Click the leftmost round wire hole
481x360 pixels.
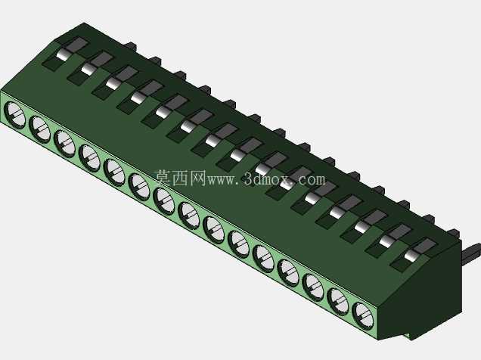14,115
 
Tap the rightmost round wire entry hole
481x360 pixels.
364,316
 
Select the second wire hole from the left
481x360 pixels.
39,129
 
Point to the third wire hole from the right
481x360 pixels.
313,287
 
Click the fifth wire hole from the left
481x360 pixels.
114,172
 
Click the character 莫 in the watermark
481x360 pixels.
163,178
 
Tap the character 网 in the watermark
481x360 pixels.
197,178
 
